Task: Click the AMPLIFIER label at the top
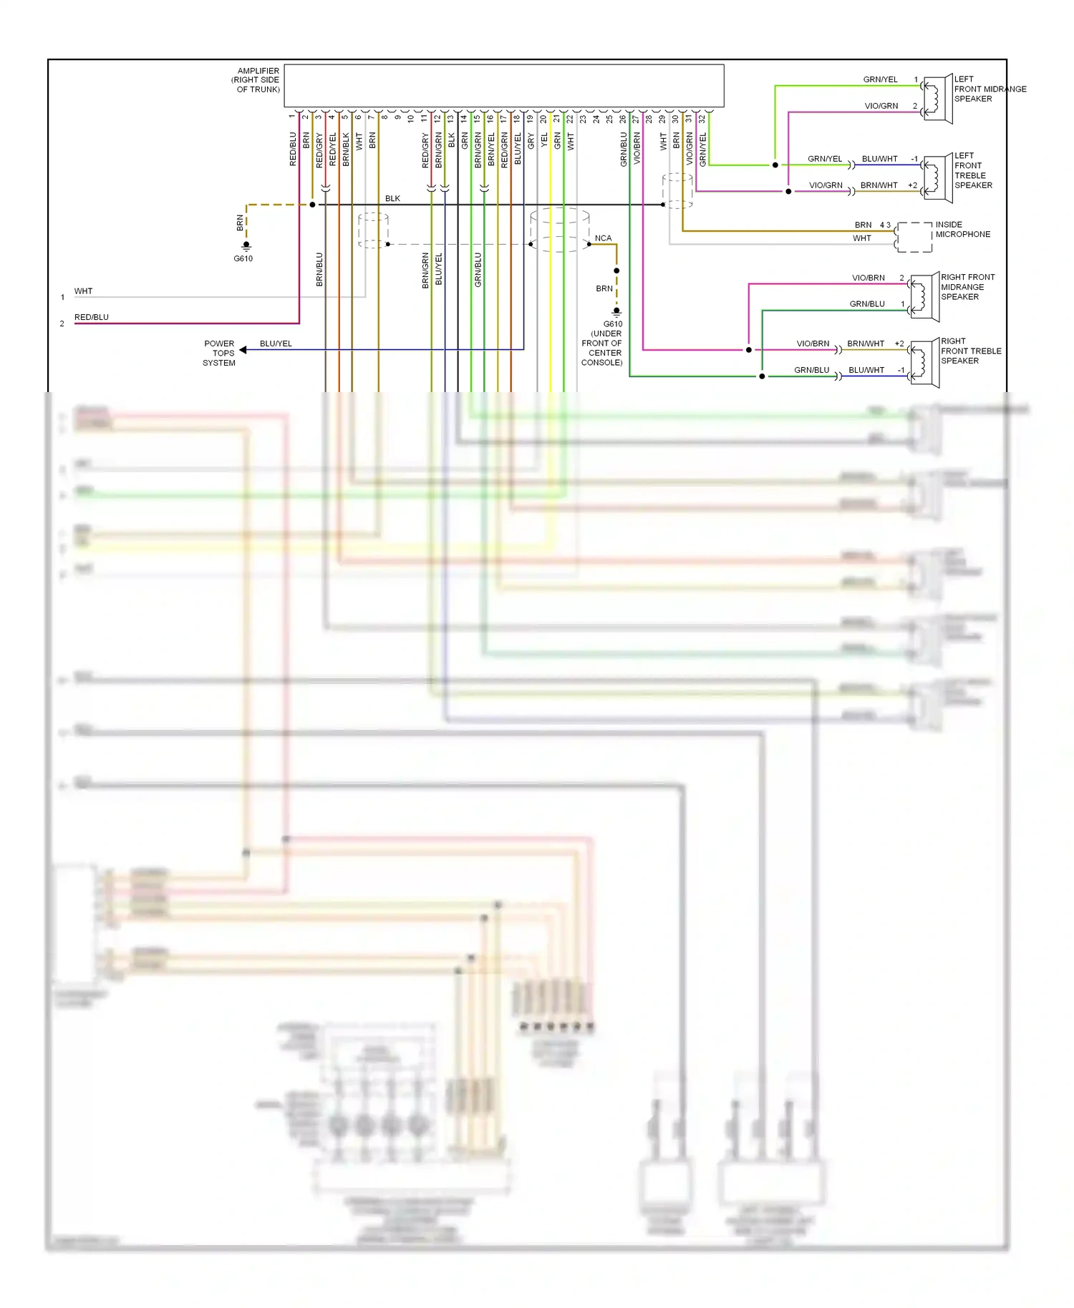point(258,71)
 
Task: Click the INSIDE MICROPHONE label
point(962,230)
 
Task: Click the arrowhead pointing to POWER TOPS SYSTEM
point(243,350)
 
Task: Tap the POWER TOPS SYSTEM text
point(219,353)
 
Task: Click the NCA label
point(603,238)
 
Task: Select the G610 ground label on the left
point(243,258)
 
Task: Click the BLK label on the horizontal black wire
point(392,198)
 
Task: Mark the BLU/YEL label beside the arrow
point(276,343)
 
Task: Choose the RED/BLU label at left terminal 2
point(92,317)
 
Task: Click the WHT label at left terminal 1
point(83,291)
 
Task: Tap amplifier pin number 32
point(702,119)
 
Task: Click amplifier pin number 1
point(291,116)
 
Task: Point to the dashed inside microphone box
point(914,238)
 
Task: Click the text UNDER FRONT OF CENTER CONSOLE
point(602,348)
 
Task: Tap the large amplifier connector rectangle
point(503,86)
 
